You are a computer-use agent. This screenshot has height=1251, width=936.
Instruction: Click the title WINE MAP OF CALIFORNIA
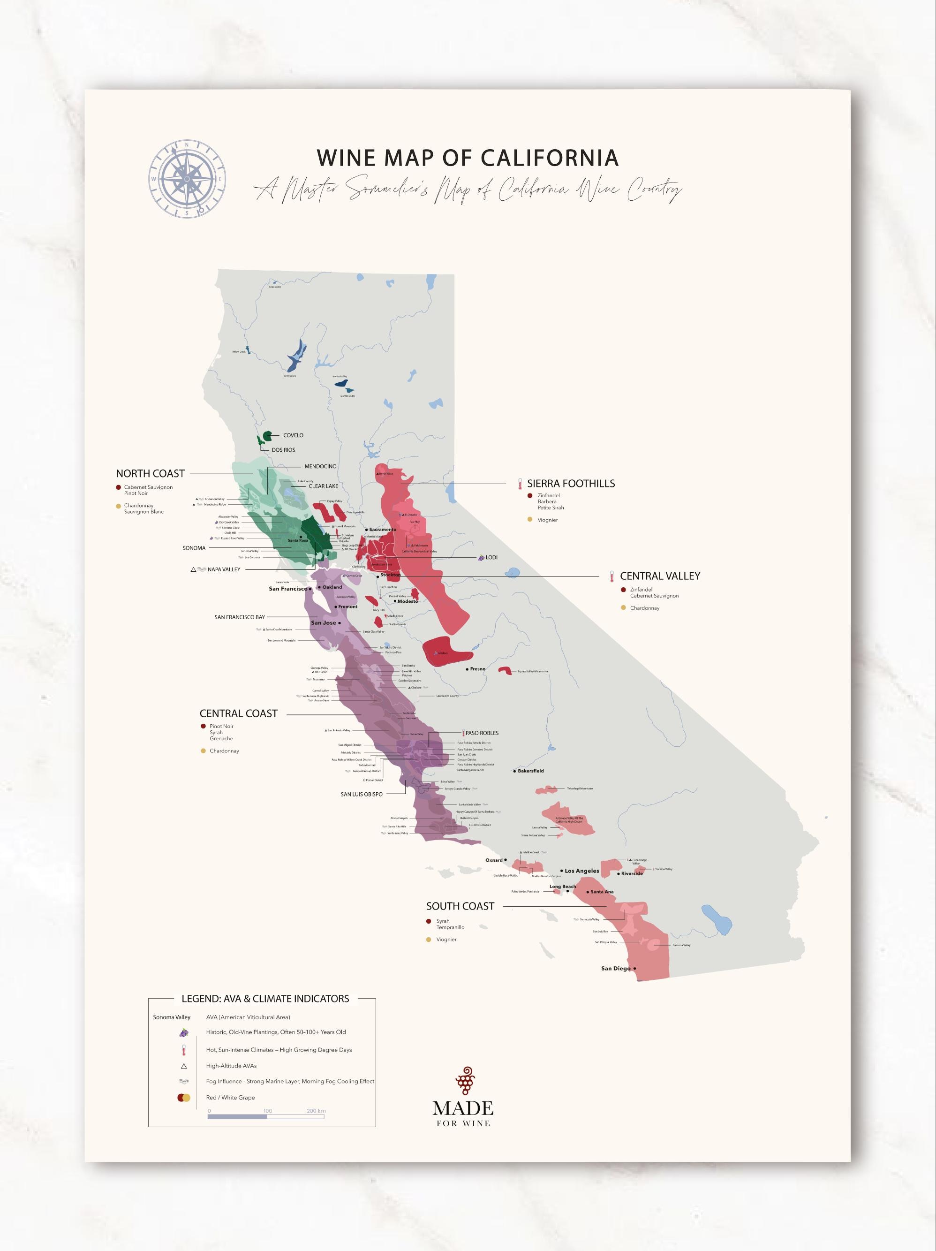pos(467,158)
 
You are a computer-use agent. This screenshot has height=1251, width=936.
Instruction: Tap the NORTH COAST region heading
pos(151,473)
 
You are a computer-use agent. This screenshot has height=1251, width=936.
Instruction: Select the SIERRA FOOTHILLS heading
pos(571,484)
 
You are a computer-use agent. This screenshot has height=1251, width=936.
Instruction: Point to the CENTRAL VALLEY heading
pos(659,576)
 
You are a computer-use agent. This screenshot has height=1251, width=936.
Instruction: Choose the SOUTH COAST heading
pos(460,906)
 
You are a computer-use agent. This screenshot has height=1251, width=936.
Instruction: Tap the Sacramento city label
pos(382,530)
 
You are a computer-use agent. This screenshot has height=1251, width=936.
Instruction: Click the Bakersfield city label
pos(530,771)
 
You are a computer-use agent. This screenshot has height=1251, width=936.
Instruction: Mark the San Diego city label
pos(616,968)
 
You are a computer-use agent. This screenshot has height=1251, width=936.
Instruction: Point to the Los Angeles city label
pos(581,871)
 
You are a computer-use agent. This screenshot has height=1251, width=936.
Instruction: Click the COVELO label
pos(293,435)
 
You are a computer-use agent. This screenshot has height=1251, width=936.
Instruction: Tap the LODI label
pos(491,558)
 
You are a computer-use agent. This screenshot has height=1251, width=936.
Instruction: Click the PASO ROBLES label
pos(482,733)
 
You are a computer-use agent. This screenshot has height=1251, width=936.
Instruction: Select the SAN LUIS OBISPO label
pos(362,794)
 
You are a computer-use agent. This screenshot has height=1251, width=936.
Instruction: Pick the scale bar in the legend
pos(266,1117)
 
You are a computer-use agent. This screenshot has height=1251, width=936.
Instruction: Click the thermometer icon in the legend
pos(184,1050)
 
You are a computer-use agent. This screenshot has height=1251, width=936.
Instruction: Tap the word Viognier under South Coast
pos(446,940)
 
